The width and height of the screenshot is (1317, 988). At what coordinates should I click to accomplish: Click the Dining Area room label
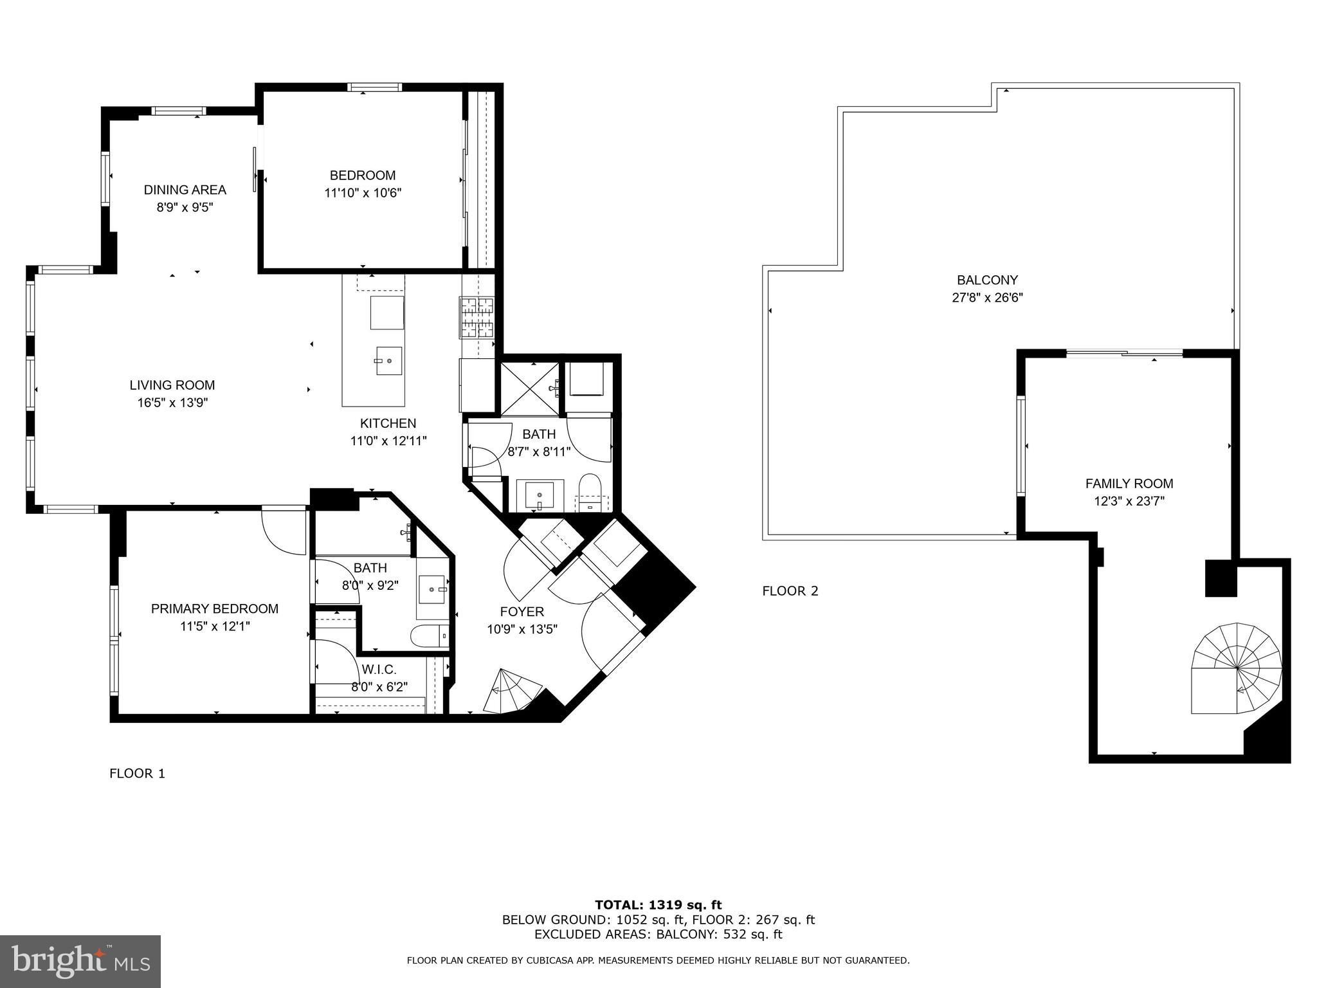click(x=185, y=190)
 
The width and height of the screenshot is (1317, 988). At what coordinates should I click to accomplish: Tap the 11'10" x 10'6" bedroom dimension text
click(x=363, y=193)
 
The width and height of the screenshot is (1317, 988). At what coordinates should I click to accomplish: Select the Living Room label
click(x=172, y=385)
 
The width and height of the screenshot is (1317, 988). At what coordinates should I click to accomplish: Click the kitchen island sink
click(x=388, y=361)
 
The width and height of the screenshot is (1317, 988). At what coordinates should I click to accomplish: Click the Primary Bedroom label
click(x=214, y=608)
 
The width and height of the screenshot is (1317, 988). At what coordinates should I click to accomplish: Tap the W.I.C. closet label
click(x=379, y=670)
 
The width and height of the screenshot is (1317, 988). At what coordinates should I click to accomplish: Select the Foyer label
click(x=522, y=612)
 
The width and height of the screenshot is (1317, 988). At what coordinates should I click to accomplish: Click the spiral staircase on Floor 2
click(x=1236, y=668)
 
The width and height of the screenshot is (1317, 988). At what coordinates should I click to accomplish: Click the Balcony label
click(x=987, y=280)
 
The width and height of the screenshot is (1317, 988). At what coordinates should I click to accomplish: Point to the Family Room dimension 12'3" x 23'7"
click(x=1129, y=501)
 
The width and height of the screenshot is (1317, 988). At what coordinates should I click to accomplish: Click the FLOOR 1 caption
click(x=137, y=773)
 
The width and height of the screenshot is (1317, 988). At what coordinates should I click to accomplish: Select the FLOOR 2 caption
click(x=790, y=590)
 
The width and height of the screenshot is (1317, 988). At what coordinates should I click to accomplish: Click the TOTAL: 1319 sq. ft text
click(x=658, y=905)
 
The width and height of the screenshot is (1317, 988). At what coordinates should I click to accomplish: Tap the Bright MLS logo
click(x=80, y=961)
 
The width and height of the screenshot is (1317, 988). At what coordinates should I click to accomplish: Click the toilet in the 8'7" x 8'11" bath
click(x=589, y=491)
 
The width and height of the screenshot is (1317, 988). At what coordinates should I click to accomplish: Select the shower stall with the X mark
click(x=529, y=387)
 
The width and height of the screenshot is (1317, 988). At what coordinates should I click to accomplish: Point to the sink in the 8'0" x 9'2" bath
click(x=432, y=589)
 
